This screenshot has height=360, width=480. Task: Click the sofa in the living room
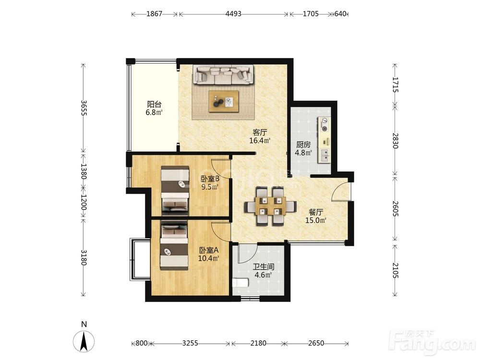pyautogui.click(x=223, y=74)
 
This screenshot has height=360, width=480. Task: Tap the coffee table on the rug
pyautogui.click(x=224, y=101)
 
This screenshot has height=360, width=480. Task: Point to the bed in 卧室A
pyautogui.click(x=174, y=245)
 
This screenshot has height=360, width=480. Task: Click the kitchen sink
pyautogui.click(x=324, y=155)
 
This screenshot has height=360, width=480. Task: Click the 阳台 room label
pyautogui.click(x=154, y=104)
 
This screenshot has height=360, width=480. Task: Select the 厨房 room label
pyautogui.click(x=303, y=144)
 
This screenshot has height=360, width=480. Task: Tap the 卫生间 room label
pyautogui.click(x=263, y=267)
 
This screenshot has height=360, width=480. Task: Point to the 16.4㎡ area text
pyautogui.click(x=260, y=141)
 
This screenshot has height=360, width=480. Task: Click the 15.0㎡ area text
pyautogui.click(x=316, y=220)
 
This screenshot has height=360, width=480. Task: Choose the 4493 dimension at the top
pyautogui.click(x=233, y=14)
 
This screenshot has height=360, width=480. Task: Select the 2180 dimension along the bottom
pyautogui.click(x=258, y=343)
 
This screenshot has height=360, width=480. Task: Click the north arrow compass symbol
pyautogui.click(x=84, y=341)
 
